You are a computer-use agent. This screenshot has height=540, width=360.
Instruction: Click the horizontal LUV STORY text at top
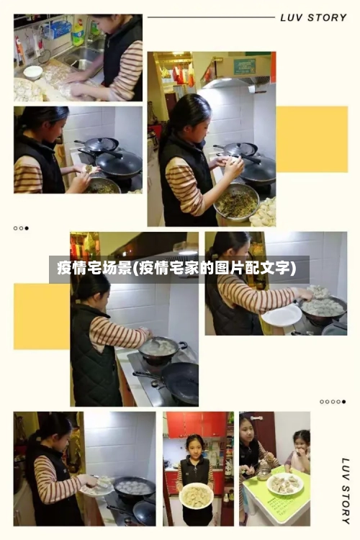click(312, 17)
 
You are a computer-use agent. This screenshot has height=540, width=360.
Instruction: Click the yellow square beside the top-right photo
click(312, 139)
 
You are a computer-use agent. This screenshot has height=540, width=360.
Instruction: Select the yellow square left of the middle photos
click(42, 316)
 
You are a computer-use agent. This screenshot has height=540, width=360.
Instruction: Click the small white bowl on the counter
click(32, 71)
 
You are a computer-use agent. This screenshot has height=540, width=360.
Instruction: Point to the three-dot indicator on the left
click(21, 228)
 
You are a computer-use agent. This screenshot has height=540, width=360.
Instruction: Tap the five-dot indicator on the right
click(333, 402)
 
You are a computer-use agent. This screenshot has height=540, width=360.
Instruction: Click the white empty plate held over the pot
click(282, 315)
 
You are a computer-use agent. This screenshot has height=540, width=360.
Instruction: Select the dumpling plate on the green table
click(284, 483)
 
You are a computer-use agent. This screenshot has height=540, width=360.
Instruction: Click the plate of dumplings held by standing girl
click(195, 495)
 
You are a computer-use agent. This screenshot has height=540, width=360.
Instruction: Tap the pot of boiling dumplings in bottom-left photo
click(134, 487)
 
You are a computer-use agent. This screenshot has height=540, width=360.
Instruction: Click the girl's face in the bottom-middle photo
click(194, 444)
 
